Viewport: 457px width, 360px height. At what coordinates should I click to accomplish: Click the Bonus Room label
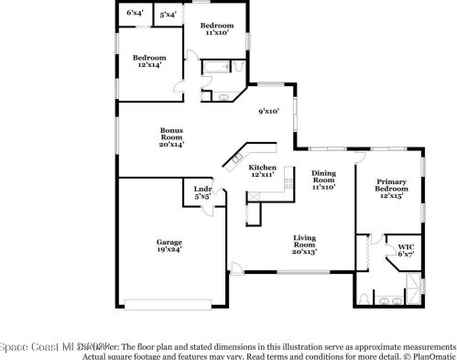(171, 137)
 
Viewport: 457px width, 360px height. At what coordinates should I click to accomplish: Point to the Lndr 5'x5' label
(202, 192)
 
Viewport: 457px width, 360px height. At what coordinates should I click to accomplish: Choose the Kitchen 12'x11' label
(263, 171)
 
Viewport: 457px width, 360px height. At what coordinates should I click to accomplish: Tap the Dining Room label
(323, 180)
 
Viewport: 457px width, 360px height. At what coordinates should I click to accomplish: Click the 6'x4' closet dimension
(134, 14)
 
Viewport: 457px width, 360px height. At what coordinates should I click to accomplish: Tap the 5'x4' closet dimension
(168, 15)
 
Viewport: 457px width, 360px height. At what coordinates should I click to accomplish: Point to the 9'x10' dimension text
(267, 112)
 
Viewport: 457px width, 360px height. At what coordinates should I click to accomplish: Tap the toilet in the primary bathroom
(365, 300)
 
